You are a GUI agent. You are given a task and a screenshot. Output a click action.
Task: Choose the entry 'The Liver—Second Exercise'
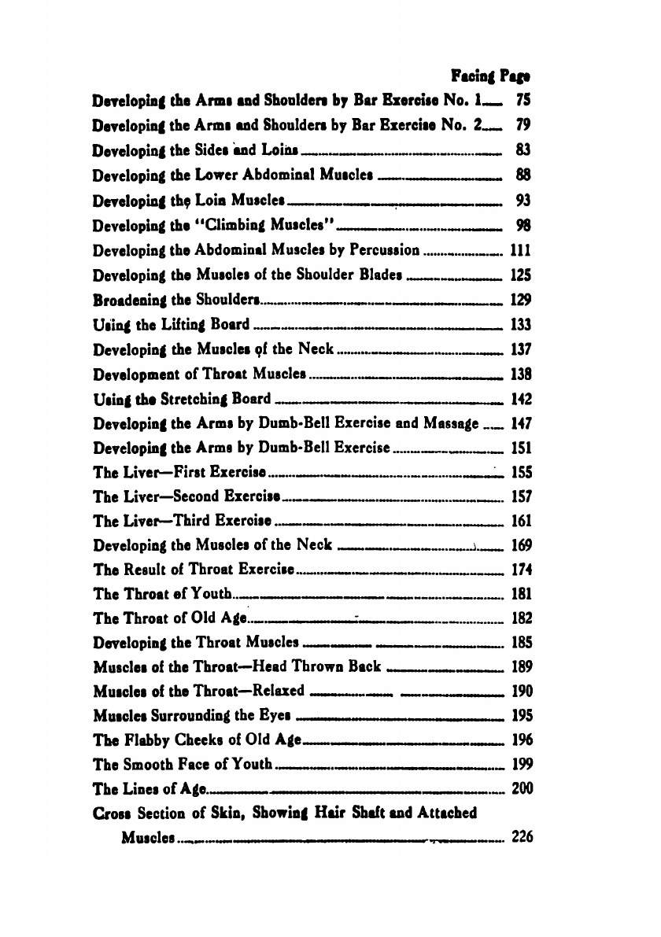click(186, 497)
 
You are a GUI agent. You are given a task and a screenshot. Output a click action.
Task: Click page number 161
click(522, 521)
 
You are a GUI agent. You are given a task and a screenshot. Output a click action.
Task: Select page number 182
click(522, 618)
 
